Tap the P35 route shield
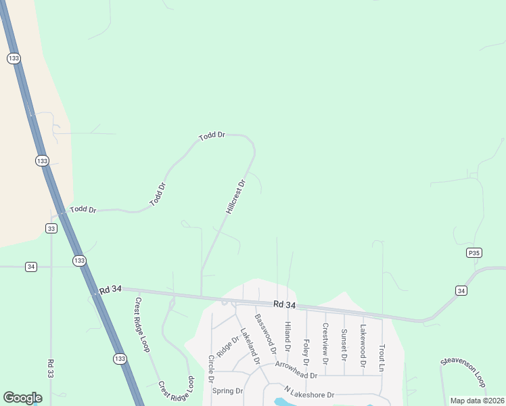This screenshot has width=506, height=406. (x=474, y=253)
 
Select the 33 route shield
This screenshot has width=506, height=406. (x=51, y=228)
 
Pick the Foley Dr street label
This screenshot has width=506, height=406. (x=306, y=351)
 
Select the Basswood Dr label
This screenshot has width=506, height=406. (x=265, y=334)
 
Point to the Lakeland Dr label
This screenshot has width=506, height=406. (x=250, y=346)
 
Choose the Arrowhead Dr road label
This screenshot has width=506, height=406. (x=296, y=370)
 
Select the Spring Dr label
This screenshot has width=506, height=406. (x=227, y=391)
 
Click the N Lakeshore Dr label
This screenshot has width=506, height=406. (x=309, y=392)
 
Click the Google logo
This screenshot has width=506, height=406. (x=22, y=398)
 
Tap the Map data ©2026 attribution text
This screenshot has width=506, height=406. (x=477, y=401)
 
